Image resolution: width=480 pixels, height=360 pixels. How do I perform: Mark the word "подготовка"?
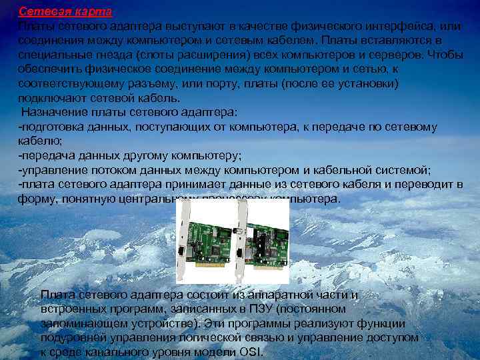click(x=49, y=127)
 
